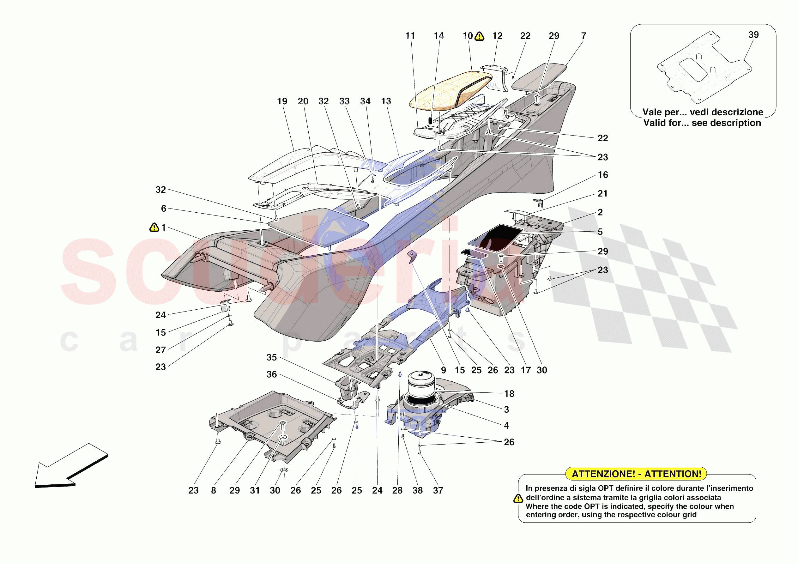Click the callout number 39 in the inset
coord(753,35)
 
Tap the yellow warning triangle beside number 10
coord(479,36)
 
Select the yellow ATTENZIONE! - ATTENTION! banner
coord(636,474)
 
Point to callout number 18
coord(509,394)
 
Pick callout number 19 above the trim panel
coord(282,101)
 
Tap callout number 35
coord(271,357)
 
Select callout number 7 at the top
coord(583,36)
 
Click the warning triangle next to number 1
coord(154,228)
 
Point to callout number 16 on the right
coord(603,175)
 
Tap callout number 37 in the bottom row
coord(438,490)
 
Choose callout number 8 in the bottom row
coord(214,490)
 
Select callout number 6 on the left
coord(163,208)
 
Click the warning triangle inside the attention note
coord(518,499)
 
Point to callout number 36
coord(271,374)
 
